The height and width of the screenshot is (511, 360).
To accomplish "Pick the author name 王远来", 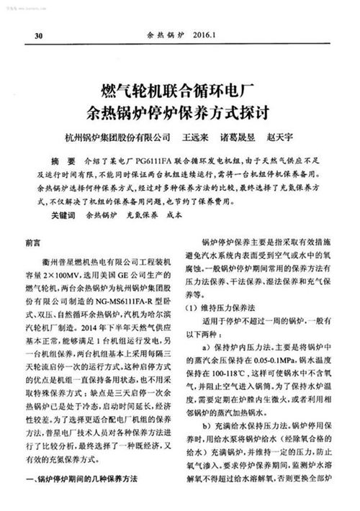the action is click(196, 137).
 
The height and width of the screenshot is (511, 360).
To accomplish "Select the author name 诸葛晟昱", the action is click(243, 137).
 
